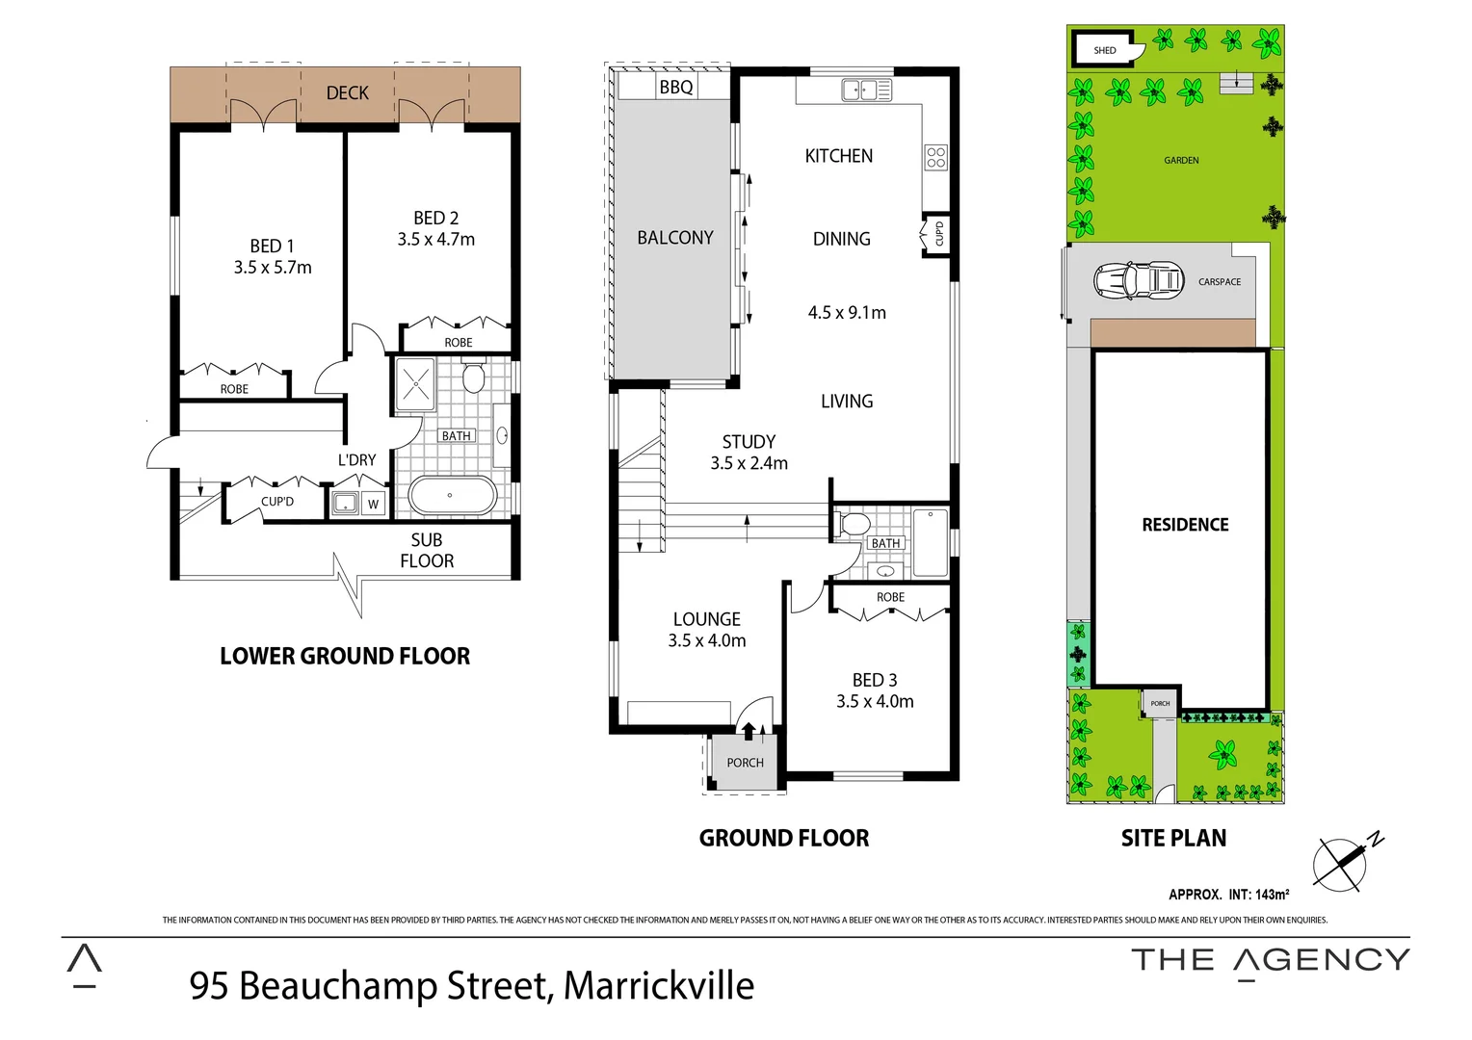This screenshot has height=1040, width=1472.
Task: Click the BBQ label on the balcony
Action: click(675, 88)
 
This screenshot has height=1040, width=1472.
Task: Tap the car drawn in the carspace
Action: click(1138, 281)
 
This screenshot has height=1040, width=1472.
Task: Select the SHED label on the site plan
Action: click(1104, 50)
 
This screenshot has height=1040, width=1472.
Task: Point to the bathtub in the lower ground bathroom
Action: click(452, 496)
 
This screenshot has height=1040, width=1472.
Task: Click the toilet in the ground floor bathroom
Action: click(854, 525)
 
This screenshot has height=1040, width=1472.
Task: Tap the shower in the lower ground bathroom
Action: click(416, 384)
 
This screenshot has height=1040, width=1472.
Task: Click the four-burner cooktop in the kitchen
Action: click(935, 158)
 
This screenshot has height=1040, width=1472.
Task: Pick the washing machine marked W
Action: click(373, 504)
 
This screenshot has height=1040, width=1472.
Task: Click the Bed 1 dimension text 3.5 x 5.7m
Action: click(273, 268)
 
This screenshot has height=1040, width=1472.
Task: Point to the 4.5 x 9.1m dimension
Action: click(847, 313)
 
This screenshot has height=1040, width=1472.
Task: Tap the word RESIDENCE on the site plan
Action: click(1185, 525)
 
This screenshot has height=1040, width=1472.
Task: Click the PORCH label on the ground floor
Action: click(745, 763)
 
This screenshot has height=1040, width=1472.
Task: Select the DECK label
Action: click(347, 93)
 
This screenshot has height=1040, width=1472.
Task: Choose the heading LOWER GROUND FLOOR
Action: click(345, 656)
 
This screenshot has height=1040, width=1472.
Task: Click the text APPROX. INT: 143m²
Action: click(1228, 895)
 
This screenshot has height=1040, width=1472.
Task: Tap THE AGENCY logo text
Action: click(1270, 960)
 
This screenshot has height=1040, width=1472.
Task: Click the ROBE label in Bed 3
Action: click(890, 597)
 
